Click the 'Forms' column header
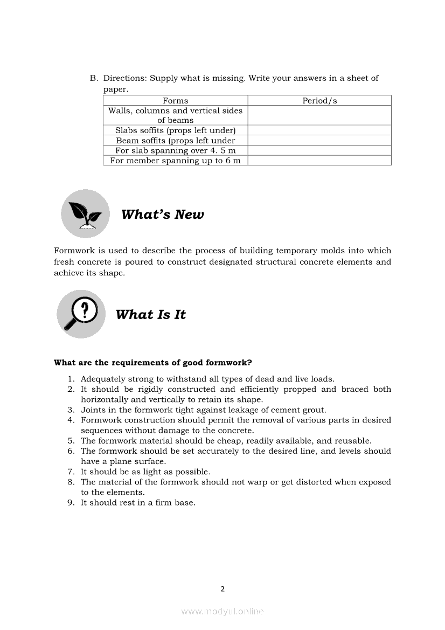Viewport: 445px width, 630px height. (x=175, y=101)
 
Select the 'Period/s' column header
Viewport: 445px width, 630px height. (x=319, y=101)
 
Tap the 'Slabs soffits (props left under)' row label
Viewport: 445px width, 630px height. (x=175, y=130)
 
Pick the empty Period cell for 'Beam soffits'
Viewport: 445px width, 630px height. (x=319, y=141)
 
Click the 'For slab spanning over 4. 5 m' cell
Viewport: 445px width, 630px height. (x=175, y=151)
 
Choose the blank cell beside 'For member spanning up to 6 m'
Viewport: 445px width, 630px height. (x=319, y=161)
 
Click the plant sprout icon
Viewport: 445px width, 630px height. (x=85, y=213)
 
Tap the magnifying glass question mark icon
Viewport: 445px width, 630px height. (x=81, y=314)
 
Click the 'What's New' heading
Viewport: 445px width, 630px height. (x=162, y=214)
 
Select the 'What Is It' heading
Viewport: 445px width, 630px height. (x=150, y=315)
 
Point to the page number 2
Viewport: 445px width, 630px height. (x=222, y=589)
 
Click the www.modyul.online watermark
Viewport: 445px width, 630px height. (x=222, y=612)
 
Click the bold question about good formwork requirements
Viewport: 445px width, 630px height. (x=153, y=363)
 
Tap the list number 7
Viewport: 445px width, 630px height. (x=71, y=472)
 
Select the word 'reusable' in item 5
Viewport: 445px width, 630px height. (x=352, y=441)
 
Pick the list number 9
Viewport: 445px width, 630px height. (x=71, y=503)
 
